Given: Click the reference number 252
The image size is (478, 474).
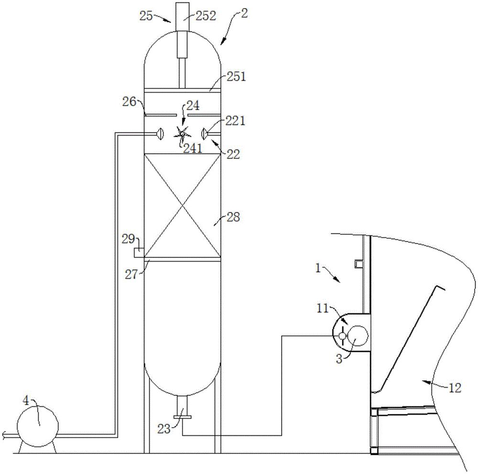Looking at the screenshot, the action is pos(206,16).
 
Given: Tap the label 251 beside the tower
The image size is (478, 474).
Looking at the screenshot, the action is pos(236,76).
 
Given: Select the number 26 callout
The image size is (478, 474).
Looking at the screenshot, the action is pos(129,102).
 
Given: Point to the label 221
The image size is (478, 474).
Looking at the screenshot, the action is pos(235,121).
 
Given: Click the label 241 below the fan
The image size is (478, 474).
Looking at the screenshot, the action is pos(193,148).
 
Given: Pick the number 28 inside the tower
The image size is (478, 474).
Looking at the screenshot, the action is pos(233,217).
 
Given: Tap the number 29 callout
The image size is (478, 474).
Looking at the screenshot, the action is pos(128,239).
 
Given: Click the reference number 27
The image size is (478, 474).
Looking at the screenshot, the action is pos(132,274).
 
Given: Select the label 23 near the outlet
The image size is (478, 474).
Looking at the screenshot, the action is pos(164,429).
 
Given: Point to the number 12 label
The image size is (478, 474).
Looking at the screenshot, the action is pos(455,388).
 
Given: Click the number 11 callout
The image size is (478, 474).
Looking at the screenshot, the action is pos(323,309).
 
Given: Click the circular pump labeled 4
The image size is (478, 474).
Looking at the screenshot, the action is pos(37,426).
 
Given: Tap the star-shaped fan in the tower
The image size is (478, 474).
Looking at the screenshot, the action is pos(182,134).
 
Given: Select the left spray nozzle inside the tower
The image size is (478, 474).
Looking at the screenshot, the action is pos(160,134).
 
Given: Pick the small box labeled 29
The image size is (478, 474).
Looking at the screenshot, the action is pos(139,252).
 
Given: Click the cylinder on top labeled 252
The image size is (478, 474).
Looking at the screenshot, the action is pos(182,30).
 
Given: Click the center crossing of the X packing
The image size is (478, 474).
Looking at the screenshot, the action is pos(182,206).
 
